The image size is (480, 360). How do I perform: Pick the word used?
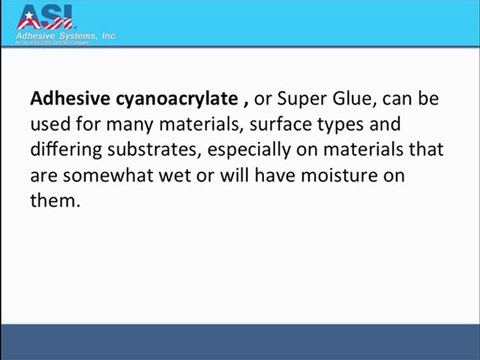pyautogui.click(x=49, y=125)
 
